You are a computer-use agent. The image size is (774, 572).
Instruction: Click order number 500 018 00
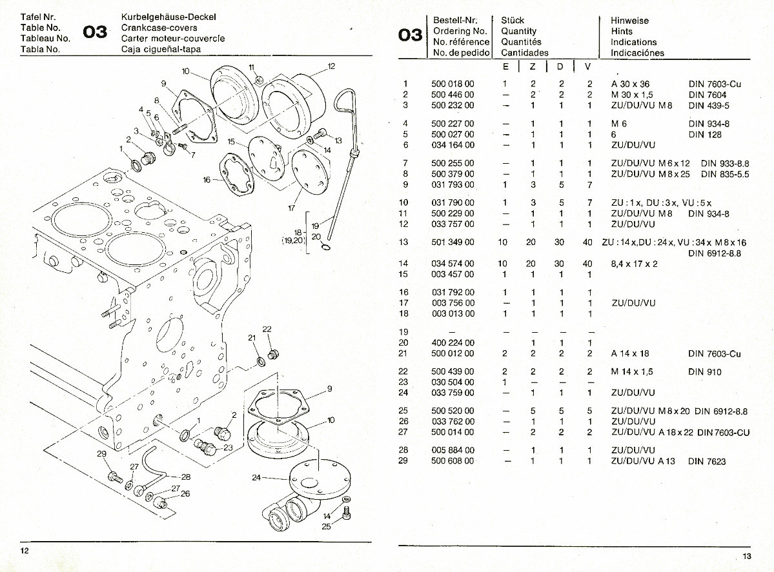[453, 84]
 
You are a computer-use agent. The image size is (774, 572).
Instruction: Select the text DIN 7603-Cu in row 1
[714, 84]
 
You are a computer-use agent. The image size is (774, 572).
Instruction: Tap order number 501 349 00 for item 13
[453, 242]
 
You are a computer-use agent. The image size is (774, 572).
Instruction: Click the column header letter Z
[533, 67]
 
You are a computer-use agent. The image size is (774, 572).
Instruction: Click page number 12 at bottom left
[25, 549]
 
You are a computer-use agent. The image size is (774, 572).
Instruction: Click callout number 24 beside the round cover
[256, 478]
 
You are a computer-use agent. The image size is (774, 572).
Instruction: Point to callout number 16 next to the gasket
[207, 180]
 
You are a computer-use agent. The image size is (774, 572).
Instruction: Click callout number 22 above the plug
[267, 330]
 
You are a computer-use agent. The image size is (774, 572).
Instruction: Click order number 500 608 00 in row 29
[453, 461]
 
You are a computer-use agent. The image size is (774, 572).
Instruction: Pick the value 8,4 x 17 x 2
[635, 264]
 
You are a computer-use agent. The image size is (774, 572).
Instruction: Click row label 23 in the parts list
[405, 382]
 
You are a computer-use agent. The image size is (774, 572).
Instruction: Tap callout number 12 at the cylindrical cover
[331, 66]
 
